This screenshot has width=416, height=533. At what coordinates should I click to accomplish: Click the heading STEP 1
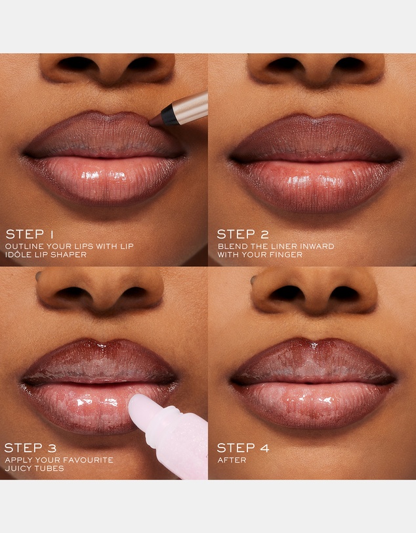[30, 234]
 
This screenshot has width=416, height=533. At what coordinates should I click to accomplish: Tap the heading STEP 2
[243, 234]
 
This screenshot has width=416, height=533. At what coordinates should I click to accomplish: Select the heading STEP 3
[30, 448]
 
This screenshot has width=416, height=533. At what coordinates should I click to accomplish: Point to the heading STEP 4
[243, 448]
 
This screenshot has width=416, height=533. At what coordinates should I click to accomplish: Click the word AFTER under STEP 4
[232, 460]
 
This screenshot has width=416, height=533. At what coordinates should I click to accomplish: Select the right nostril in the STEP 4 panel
[344, 294]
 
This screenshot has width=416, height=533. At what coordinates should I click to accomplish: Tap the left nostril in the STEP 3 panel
[72, 293]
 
